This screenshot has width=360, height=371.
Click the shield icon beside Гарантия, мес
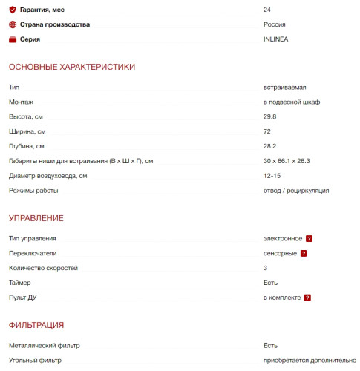(x=12, y=10)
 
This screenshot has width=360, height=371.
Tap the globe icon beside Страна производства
(x=12, y=24)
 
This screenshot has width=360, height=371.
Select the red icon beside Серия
(x=12, y=39)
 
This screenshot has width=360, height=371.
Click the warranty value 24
(x=267, y=10)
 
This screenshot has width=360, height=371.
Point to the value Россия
(x=274, y=24)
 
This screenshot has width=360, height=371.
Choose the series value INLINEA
(x=276, y=39)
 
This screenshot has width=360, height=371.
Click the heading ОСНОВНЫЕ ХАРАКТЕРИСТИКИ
(x=72, y=68)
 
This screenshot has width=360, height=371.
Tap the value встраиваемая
(x=284, y=88)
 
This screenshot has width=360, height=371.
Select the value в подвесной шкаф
(x=292, y=102)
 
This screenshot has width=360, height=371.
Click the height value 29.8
(x=270, y=117)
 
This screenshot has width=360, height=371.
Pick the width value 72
(x=267, y=132)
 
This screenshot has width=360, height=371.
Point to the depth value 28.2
(x=270, y=146)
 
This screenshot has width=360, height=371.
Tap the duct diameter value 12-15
(x=272, y=176)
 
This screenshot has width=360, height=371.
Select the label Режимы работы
(x=33, y=191)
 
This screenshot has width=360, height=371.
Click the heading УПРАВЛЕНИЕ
(x=36, y=219)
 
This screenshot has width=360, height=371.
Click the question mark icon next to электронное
(x=309, y=239)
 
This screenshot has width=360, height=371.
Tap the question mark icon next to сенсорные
(x=304, y=254)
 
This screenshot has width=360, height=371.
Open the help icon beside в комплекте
(x=307, y=298)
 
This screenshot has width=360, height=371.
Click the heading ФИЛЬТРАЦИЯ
(x=36, y=326)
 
